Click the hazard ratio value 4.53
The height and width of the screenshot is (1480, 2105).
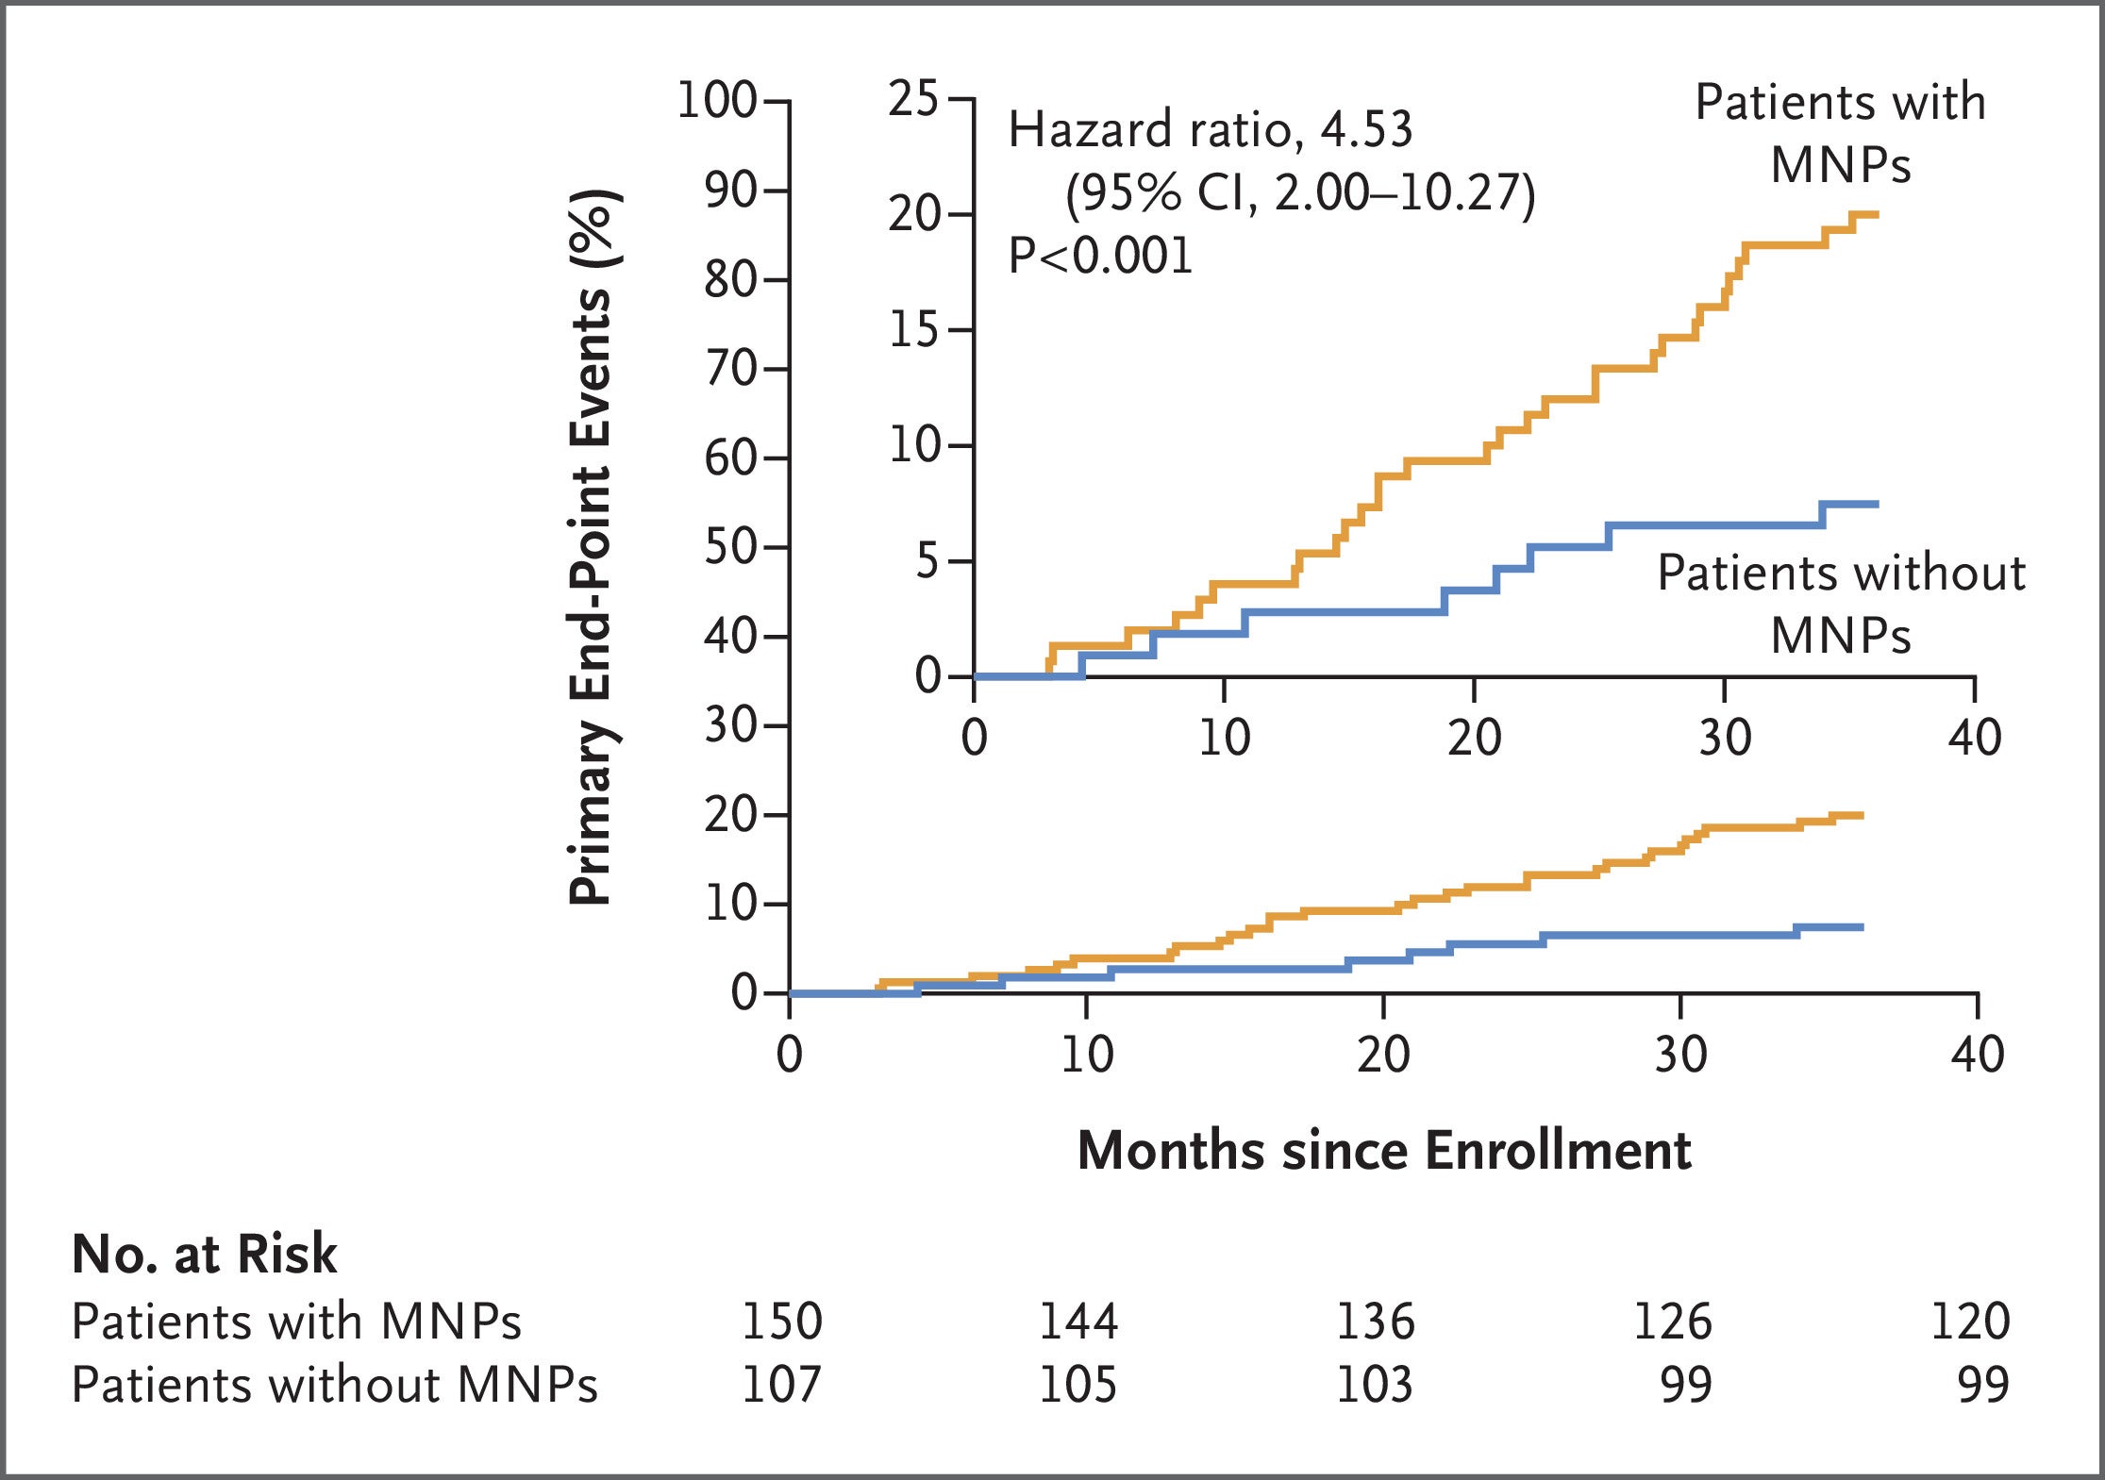click(x=1365, y=129)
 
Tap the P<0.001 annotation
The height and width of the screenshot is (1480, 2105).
click(x=1100, y=256)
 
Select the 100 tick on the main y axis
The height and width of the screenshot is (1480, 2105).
click(x=718, y=100)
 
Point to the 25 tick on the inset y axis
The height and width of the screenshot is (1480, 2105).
click(x=913, y=99)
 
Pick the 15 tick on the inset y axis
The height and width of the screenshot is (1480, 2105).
click(x=913, y=330)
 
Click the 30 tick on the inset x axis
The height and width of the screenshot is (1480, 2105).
click(x=1725, y=738)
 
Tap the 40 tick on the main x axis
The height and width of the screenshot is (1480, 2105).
click(x=1978, y=1055)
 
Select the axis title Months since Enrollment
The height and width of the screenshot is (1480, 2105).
click(x=1383, y=1151)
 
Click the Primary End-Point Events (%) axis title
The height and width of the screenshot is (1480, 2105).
click(x=593, y=547)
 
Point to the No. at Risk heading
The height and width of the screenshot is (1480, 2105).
click(x=204, y=1255)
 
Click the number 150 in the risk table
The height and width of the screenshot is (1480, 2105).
click(x=781, y=1321)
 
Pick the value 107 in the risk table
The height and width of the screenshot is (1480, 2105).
click(x=781, y=1385)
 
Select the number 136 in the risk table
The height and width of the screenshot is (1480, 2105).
click(x=1375, y=1321)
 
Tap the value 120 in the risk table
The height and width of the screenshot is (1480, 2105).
click(x=1970, y=1321)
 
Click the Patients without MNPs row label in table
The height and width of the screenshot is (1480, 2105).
click(x=334, y=1385)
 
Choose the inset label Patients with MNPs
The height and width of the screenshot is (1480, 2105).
click(x=1840, y=133)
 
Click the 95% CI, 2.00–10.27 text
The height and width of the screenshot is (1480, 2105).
click(x=1300, y=193)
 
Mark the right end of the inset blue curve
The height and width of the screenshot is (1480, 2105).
click(x=1877, y=505)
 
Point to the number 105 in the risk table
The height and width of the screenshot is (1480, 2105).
click(x=1078, y=1385)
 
